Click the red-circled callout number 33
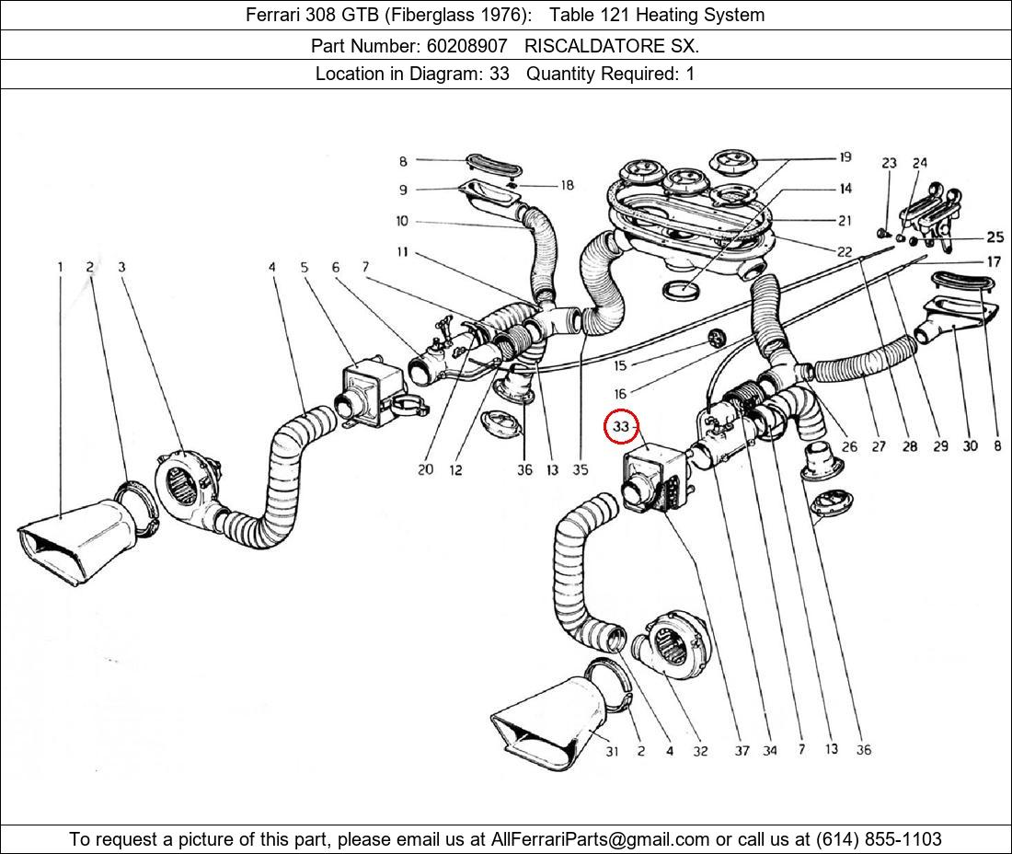coord(621,427)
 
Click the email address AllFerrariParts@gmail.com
coord(601,839)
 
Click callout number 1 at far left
coord(61,268)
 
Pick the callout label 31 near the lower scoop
coord(612,751)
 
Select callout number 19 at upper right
coord(845,158)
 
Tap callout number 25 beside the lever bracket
coord(995,237)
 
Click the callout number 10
coord(403,221)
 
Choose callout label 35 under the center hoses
coord(580,469)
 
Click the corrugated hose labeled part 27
coord(860,368)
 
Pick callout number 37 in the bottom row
coord(742,751)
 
